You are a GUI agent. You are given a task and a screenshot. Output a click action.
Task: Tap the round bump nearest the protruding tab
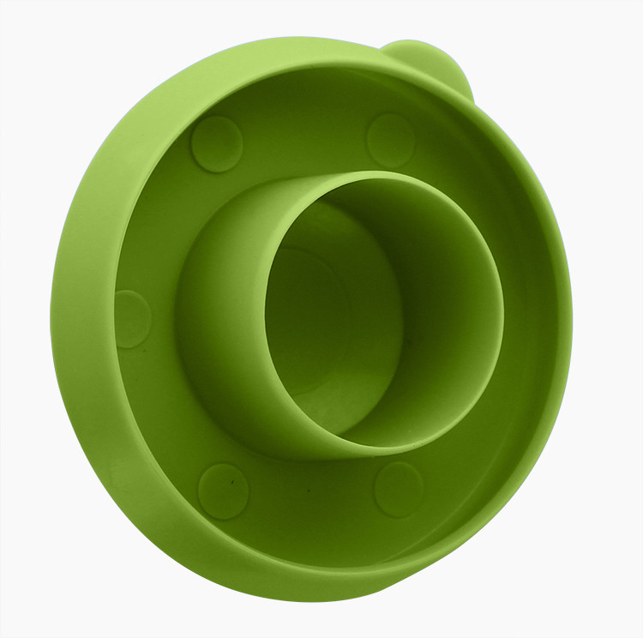click(x=390, y=139)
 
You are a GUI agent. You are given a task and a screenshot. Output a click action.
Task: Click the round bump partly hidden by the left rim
click(x=133, y=318)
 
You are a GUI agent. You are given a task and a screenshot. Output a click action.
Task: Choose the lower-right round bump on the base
click(x=399, y=489)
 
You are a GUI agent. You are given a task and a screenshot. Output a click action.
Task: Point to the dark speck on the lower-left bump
click(x=231, y=484)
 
